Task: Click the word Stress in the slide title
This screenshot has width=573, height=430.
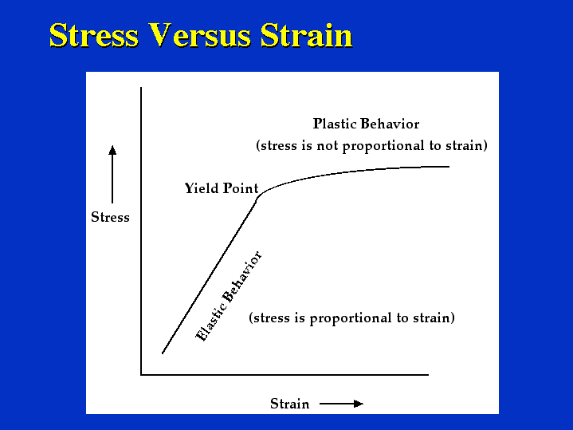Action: point(94,35)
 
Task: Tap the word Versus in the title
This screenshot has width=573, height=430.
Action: point(199,35)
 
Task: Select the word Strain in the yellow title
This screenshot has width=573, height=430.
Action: point(306,35)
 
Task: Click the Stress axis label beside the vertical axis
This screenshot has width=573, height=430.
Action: point(110,217)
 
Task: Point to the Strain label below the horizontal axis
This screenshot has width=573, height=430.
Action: point(290,404)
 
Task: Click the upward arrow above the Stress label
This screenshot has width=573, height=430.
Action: point(112,174)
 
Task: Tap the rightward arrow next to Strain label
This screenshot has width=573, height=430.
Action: point(341,404)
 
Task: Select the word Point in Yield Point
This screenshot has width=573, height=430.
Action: point(241,188)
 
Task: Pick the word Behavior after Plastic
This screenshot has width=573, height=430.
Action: point(390,124)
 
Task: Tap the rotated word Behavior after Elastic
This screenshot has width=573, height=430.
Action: point(242,277)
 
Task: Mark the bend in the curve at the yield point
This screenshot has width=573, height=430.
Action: point(259,197)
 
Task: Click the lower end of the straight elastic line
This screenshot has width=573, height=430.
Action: point(163,353)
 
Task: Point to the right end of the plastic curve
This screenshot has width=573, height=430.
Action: point(449,167)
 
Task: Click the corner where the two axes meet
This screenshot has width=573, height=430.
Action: point(141,374)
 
